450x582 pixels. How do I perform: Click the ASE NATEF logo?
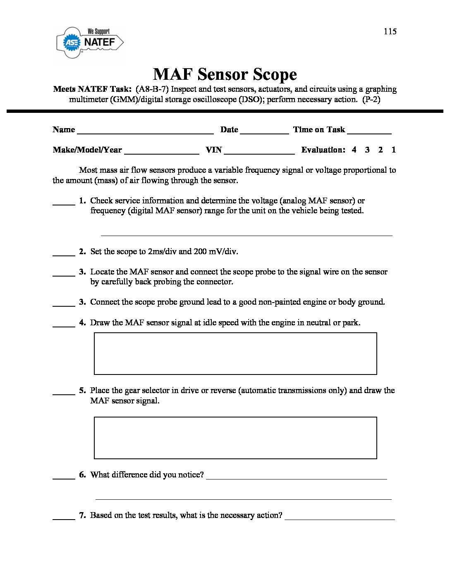pos(90,43)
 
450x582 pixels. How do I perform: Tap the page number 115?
pos(390,31)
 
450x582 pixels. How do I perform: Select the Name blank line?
pos(145,132)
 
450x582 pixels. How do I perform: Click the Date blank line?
pos(264,132)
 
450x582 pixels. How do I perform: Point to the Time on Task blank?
pos(369,132)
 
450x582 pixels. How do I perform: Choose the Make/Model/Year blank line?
pos(162,153)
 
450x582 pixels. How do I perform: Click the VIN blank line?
pos(259,153)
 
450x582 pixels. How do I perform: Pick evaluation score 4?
pos(354,150)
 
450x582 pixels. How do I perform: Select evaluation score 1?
pos(393,150)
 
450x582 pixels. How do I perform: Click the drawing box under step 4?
pos(235,353)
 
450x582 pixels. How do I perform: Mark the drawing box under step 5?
pos(235,438)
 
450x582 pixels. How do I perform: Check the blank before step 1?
pos(64,203)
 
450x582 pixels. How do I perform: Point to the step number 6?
pos(82,475)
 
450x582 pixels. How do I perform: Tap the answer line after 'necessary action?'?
pos(340,518)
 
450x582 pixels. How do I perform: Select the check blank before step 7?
pos(64,518)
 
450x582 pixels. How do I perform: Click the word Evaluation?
pos(323,150)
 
